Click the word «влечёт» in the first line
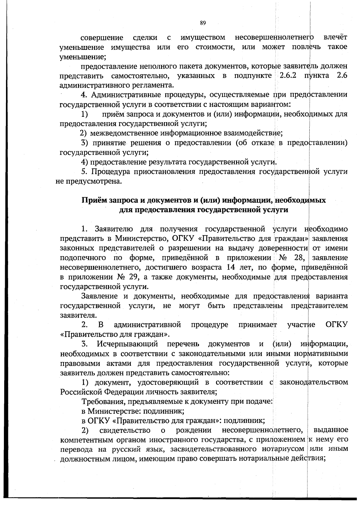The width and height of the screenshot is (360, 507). pos(335,38)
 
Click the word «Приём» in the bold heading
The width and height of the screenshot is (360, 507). pos(92,200)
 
